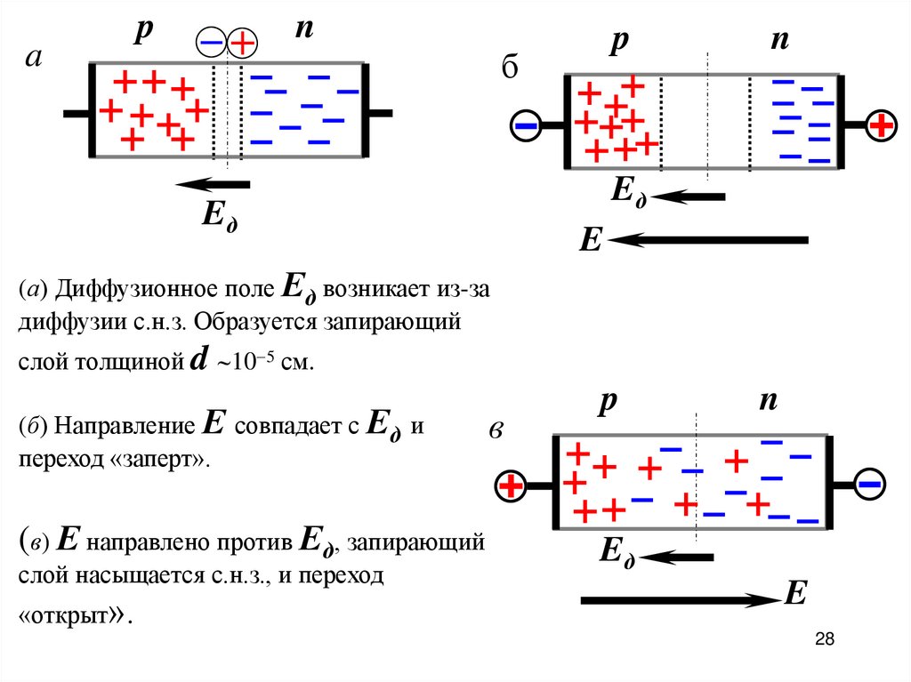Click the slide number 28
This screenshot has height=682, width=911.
(824, 639)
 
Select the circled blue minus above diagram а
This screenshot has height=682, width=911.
(212, 41)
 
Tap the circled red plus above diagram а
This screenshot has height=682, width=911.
(242, 41)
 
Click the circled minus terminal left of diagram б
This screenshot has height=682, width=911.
(526, 126)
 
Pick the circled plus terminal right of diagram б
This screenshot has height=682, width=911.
(881, 126)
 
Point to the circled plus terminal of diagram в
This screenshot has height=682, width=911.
(512, 485)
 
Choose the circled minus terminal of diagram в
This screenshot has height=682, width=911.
(869, 485)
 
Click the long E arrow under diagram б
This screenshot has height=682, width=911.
(708, 239)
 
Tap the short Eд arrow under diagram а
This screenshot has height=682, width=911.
(213, 185)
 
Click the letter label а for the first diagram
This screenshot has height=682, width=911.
(34, 59)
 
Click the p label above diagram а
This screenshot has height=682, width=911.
(143, 28)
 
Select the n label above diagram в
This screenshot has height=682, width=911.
(768, 401)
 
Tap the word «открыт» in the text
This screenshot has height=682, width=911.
(72, 615)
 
